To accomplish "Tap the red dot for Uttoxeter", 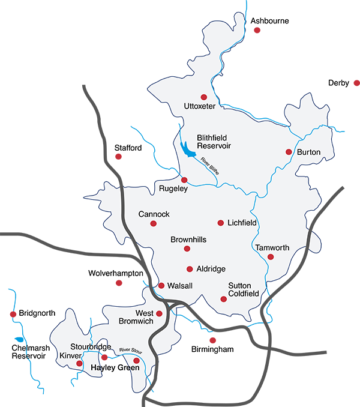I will [x=203, y=97].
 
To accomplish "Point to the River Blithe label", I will [x=210, y=165].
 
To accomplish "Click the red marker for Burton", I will [x=289, y=152].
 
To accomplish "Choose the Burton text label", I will [x=309, y=152].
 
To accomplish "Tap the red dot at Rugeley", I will [x=184, y=179].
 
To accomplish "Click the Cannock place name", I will [x=154, y=214].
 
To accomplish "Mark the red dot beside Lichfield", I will [x=220, y=223].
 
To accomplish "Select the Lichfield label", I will [x=242, y=223].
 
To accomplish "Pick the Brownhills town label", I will [x=188, y=240].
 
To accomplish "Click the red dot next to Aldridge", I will [x=190, y=269].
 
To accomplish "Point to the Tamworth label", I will [x=272, y=247].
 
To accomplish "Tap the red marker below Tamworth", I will [x=271, y=258].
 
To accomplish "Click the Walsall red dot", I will [x=161, y=286].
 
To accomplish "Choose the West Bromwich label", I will [x=137, y=318].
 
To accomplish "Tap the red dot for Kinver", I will [x=79, y=363].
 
